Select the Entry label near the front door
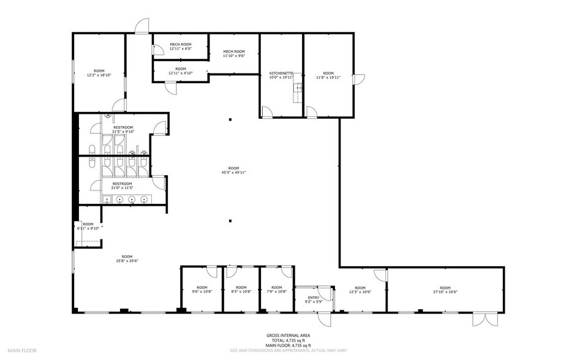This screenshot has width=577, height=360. pyautogui.click(x=314, y=298)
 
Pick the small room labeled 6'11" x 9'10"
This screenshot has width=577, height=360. pyautogui.click(x=88, y=226)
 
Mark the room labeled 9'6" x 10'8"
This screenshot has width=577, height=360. pyautogui.click(x=202, y=290)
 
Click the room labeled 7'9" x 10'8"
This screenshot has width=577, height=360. pyautogui.click(x=277, y=290)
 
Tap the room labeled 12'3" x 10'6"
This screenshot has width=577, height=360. pyautogui.click(x=360, y=290)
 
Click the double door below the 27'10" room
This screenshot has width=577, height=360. pyautogui.click(x=481, y=320)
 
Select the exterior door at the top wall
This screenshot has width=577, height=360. pyautogui.click(x=142, y=26)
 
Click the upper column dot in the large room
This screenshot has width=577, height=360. pyautogui.click(x=230, y=119)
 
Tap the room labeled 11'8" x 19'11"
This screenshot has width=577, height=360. pyautogui.click(x=328, y=75)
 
